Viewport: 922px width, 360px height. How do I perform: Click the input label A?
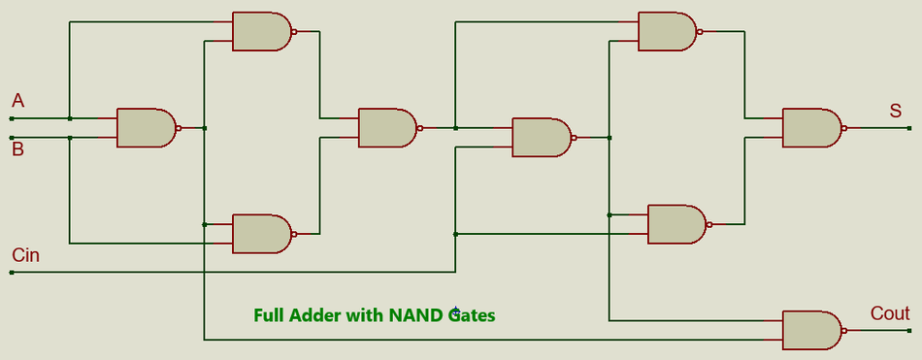pos(17,101)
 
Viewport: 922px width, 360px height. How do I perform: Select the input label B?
pos(17,149)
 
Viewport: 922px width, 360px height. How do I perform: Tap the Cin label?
pos(26,255)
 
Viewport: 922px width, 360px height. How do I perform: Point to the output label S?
pos(895,112)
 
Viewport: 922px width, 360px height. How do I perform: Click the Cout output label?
pos(890,313)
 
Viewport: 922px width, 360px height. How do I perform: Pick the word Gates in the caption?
pos(472,315)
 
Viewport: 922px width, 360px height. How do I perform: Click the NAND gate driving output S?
pos(811,128)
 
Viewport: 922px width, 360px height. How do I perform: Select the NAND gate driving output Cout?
pos(811,330)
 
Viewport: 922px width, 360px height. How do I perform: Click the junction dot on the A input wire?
pos(70,118)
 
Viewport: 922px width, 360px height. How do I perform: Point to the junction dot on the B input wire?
pos(70,138)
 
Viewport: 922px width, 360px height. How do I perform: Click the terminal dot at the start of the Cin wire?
pos(12,273)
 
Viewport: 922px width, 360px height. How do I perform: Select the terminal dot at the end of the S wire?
pos(909,128)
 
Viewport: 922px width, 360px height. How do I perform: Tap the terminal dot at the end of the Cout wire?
pos(909,330)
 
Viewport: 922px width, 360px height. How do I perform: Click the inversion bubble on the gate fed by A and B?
pos(178,128)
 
